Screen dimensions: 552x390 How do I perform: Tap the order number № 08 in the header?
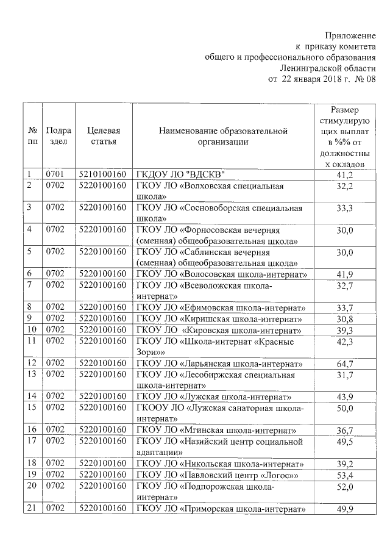pos(363,79)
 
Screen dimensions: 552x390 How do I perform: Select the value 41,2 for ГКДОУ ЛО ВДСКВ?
pos(345,176)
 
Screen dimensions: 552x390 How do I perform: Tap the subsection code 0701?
pos(55,176)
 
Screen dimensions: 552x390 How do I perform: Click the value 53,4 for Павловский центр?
pos(345,474)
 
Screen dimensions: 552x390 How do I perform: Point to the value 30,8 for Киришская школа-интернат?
pos(345,319)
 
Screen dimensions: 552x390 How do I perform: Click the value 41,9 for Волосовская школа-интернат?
pos(345,274)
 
